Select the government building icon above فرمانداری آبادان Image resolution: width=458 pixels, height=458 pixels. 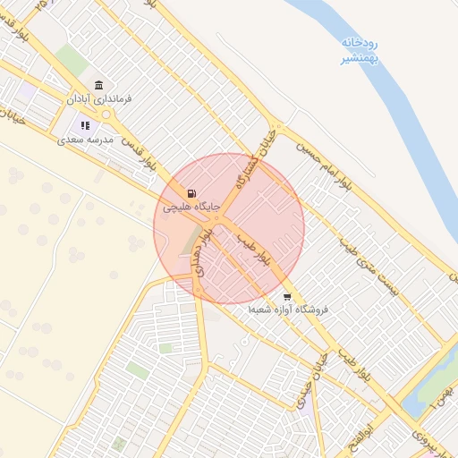(x=98, y=84)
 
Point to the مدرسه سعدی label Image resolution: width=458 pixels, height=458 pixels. (x=85, y=140)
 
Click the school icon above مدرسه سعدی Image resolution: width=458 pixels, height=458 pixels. (x=85, y=126)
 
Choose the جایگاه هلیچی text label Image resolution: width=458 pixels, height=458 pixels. (x=190, y=207)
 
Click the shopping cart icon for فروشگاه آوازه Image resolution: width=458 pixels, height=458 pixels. (x=286, y=296)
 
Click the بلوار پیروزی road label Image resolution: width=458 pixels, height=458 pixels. (x=420, y=438)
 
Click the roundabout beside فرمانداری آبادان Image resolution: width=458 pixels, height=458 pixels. (x=106, y=114)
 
